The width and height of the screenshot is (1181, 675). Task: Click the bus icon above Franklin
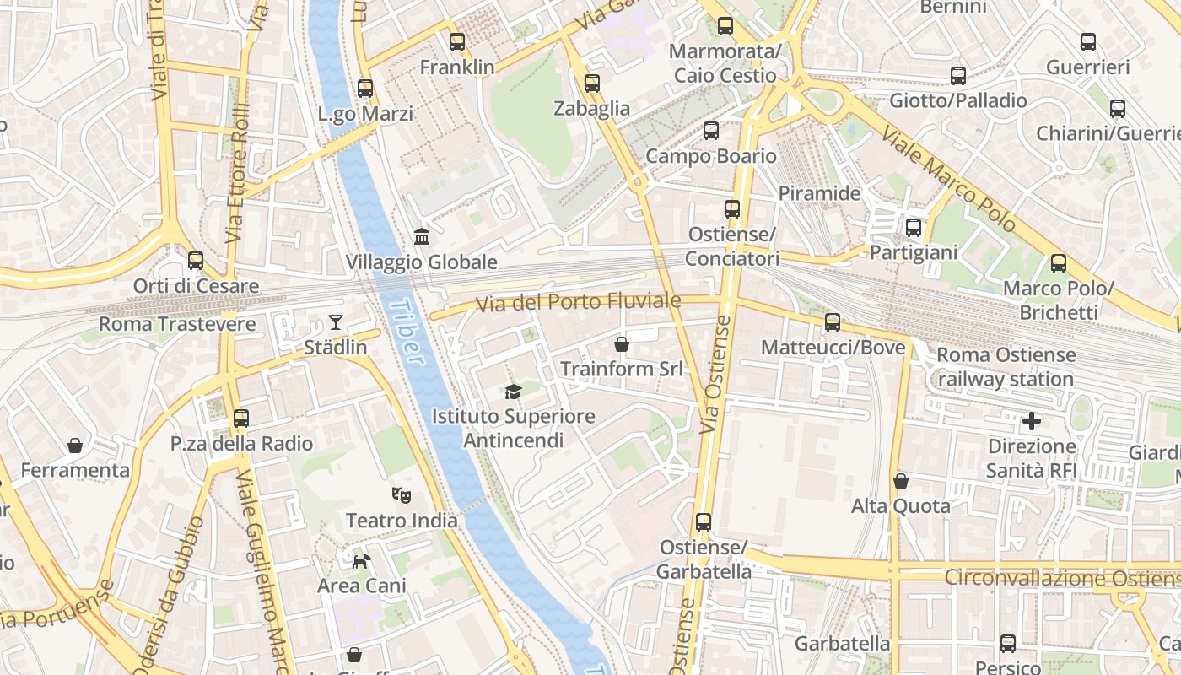click(x=457, y=41)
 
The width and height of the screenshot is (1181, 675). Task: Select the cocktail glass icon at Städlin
click(x=336, y=321)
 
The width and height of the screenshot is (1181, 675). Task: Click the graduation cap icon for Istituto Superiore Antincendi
click(x=513, y=391)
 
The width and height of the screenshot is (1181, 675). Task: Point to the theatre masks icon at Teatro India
click(x=402, y=495)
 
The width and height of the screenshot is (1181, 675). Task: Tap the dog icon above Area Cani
click(x=361, y=560)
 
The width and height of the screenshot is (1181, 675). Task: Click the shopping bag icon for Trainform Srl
click(x=622, y=343)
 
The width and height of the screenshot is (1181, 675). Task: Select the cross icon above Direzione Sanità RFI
click(x=1031, y=420)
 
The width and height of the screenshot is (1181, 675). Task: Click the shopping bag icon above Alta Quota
click(x=901, y=481)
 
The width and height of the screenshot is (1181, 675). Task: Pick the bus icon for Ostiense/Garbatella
click(x=704, y=522)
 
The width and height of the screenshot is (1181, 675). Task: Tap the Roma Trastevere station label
click(x=177, y=324)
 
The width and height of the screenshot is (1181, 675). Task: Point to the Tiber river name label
click(x=408, y=333)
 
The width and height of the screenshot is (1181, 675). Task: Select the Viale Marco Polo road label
click(x=948, y=180)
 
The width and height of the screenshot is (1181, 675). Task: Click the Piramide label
click(x=819, y=193)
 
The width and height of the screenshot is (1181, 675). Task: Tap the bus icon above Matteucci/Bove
click(x=833, y=321)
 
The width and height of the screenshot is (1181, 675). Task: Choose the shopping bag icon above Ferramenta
click(x=75, y=445)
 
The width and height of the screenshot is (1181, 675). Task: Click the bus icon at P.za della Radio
click(x=241, y=418)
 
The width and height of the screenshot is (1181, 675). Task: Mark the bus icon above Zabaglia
click(x=592, y=83)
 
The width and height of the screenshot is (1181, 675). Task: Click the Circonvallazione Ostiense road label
click(x=1061, y=579)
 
